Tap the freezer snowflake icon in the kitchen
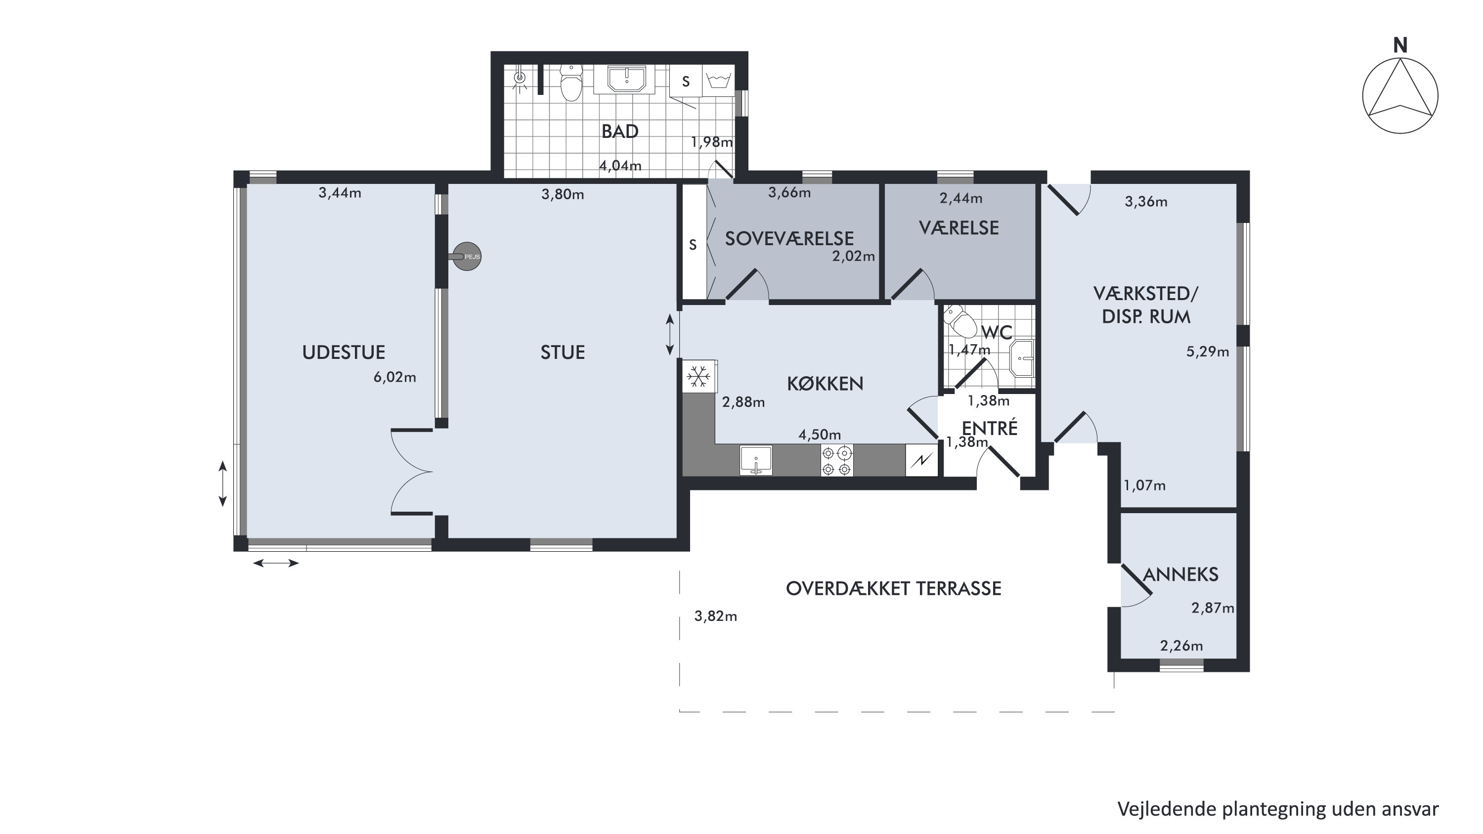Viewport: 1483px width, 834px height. point(699,376)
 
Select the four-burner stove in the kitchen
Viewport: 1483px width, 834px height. point(836,460)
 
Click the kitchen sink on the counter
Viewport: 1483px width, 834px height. point(756,460)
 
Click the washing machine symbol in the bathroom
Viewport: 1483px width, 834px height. point(718,81)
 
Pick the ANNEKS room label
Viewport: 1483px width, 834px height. point(1180,574)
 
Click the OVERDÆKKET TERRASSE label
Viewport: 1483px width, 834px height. point(893,588)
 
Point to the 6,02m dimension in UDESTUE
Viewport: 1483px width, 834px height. point(394,378)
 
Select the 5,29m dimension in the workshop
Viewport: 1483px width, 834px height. point(1207,351)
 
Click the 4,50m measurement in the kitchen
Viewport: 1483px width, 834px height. point(819,435)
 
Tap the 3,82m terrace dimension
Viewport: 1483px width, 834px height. point(716,616)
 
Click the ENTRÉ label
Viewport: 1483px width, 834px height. point(990,428)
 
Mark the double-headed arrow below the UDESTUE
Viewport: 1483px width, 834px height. point(276,563)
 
